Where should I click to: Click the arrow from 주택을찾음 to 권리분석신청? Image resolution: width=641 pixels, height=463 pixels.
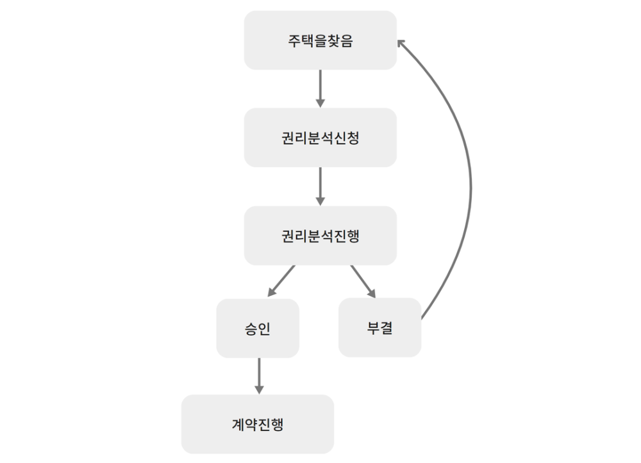[320, 88]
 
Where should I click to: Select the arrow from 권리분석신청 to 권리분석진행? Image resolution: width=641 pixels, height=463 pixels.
[320, 186]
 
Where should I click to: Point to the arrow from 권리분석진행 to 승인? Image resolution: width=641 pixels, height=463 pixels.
[282, 280]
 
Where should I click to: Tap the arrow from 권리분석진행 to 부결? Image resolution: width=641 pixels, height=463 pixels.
[362, 280]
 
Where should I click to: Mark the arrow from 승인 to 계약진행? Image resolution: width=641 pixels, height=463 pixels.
[259, 375]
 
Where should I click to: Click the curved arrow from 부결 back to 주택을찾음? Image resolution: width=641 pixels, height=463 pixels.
[470, 186]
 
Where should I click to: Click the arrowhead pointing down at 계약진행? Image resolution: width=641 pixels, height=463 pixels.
[259, 389]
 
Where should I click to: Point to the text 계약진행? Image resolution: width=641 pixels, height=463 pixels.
[258, 425]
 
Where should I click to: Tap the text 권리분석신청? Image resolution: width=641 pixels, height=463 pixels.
[320, 138]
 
